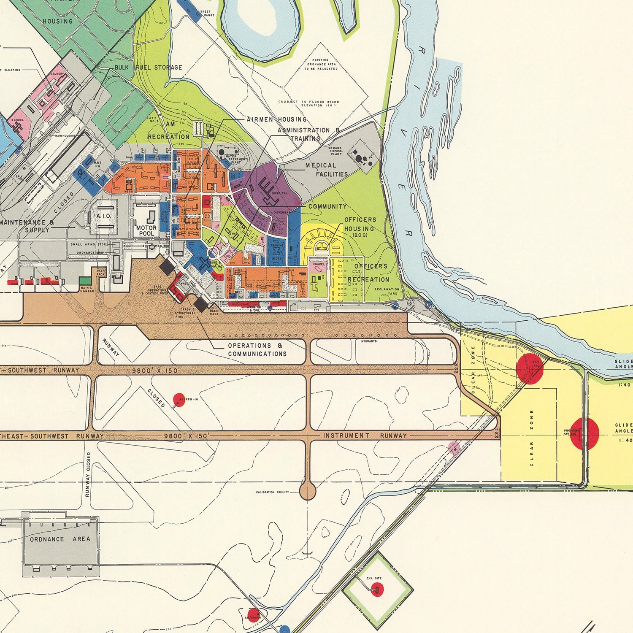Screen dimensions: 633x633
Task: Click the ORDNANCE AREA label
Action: pyautogui.click(x=60, y=539)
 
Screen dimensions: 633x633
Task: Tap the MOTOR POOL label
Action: pyautogui.click(x=146, y=230)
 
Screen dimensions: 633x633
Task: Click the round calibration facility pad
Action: pyautogui.click(x=308, y=492)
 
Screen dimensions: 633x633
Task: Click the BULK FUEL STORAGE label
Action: pyautogui.click(x=148, y=68)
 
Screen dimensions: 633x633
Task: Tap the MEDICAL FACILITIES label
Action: pyautogui.click(x=327, y=170)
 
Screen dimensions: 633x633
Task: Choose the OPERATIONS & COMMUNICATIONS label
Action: pyautogui.click(x=257, y=350)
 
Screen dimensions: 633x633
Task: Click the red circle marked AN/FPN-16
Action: pyautogui.click(x=179, y=399)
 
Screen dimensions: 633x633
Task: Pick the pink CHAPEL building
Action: pyautogui.click(x=319, y=266)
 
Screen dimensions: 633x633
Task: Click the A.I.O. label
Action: pyautogui.click(x=103, y=216)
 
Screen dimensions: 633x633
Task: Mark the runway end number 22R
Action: pyautogui.click(x=456, y=370)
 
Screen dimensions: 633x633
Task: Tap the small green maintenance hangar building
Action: pyautogui.click(x=85, y=280)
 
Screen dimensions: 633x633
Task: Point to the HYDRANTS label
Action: pyautogui.click(x=369, y=341)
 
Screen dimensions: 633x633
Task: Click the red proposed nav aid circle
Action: pyautogui.click(x=584, y=433)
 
